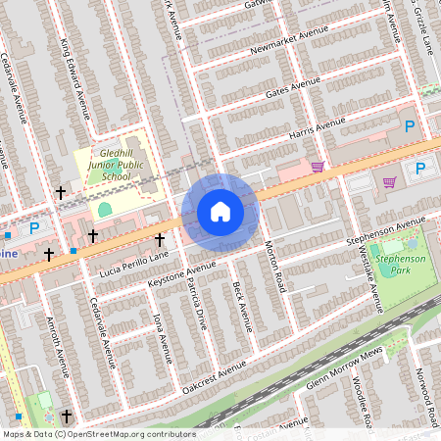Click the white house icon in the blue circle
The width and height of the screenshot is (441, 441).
pos(220,211)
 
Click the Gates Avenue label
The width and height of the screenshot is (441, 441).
pos(291,89)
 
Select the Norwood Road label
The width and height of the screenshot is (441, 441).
pos(424,397)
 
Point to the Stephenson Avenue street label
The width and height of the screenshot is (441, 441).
pos(384,230)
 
